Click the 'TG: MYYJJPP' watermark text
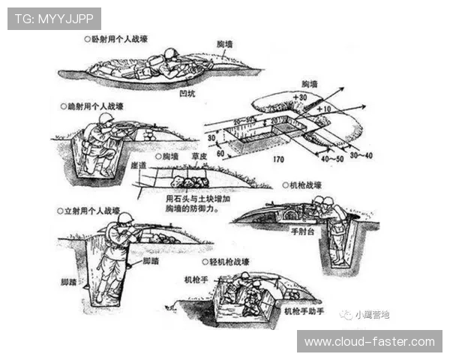pos(54,19)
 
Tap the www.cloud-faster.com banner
pos(369,341)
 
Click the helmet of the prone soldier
pos(171,54)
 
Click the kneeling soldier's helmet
pos(105,118)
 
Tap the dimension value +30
pos(301,97)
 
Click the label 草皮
pos(199,157)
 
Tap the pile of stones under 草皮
pos(190,182)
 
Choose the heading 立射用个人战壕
pos(93,212)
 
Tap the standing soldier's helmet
pos(125,218)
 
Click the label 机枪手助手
pos(303,310)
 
